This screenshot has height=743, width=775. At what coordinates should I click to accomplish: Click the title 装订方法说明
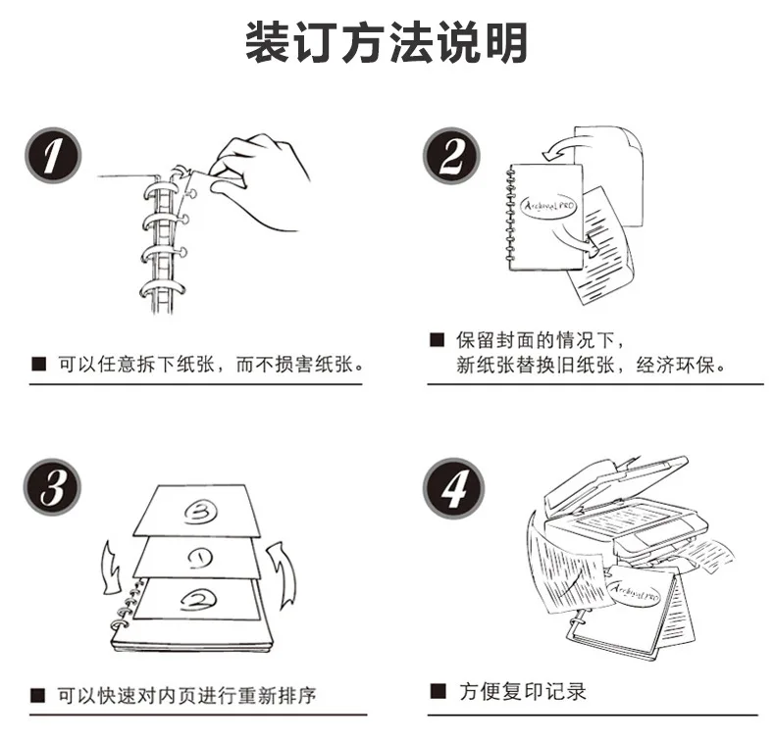click(x=387, y=42)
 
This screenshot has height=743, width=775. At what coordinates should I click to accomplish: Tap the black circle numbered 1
click(x=53, y=155)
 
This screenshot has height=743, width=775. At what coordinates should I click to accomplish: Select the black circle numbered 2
click(x=451, y=155)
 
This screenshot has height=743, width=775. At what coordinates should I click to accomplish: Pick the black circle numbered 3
click(x=52, y=487)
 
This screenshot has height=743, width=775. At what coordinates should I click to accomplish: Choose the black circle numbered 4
click(x=454, y=488)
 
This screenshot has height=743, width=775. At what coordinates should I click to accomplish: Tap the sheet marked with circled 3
click(x=196, y=511)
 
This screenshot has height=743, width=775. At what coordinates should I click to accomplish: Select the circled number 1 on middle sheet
click(x=200, y=558)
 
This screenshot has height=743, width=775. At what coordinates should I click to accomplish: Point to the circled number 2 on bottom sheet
click(x=198, y=599)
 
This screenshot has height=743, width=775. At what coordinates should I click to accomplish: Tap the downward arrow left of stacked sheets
click(x=111, y=568)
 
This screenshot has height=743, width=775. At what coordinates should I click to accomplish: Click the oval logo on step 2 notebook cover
click(x=549, y=205)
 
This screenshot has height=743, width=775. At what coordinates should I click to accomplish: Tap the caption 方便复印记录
click(x=523, y=691)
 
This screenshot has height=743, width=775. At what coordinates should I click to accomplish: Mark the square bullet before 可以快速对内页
click(x=38, y=696)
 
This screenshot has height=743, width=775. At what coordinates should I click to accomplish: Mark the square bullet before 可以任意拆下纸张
click(x=38, y=365)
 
